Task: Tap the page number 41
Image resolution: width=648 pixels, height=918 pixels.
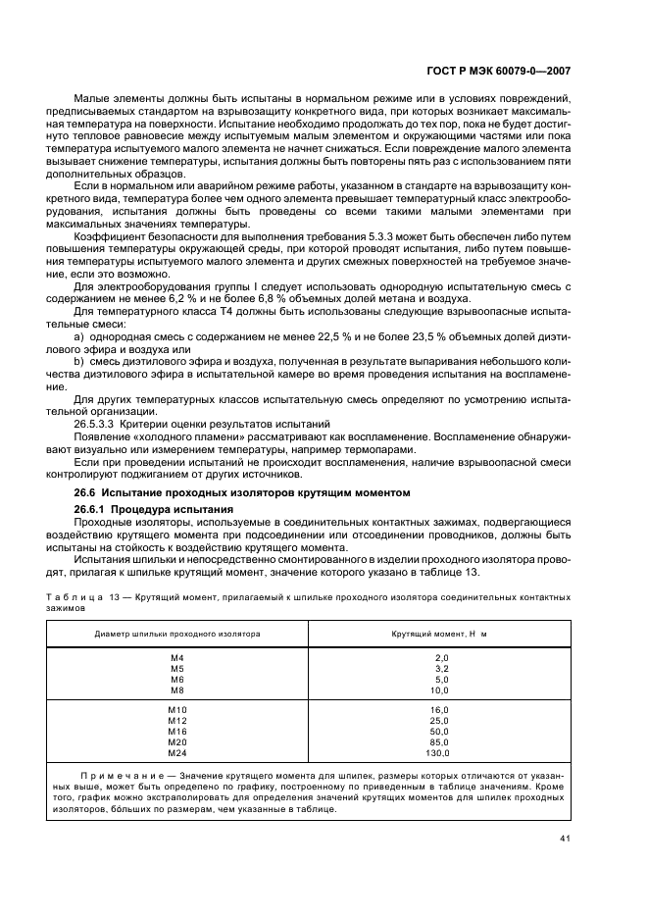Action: click(566, 839)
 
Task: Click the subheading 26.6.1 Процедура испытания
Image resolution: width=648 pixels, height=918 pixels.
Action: click(154, 510)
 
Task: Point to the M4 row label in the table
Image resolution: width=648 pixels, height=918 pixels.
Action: click(177, 657)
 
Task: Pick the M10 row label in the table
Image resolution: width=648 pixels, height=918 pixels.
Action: click(177, 709)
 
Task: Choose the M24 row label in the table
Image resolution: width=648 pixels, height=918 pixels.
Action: click(177, 753)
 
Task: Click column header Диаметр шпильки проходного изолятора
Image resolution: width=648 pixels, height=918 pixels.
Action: click(177, 634)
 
